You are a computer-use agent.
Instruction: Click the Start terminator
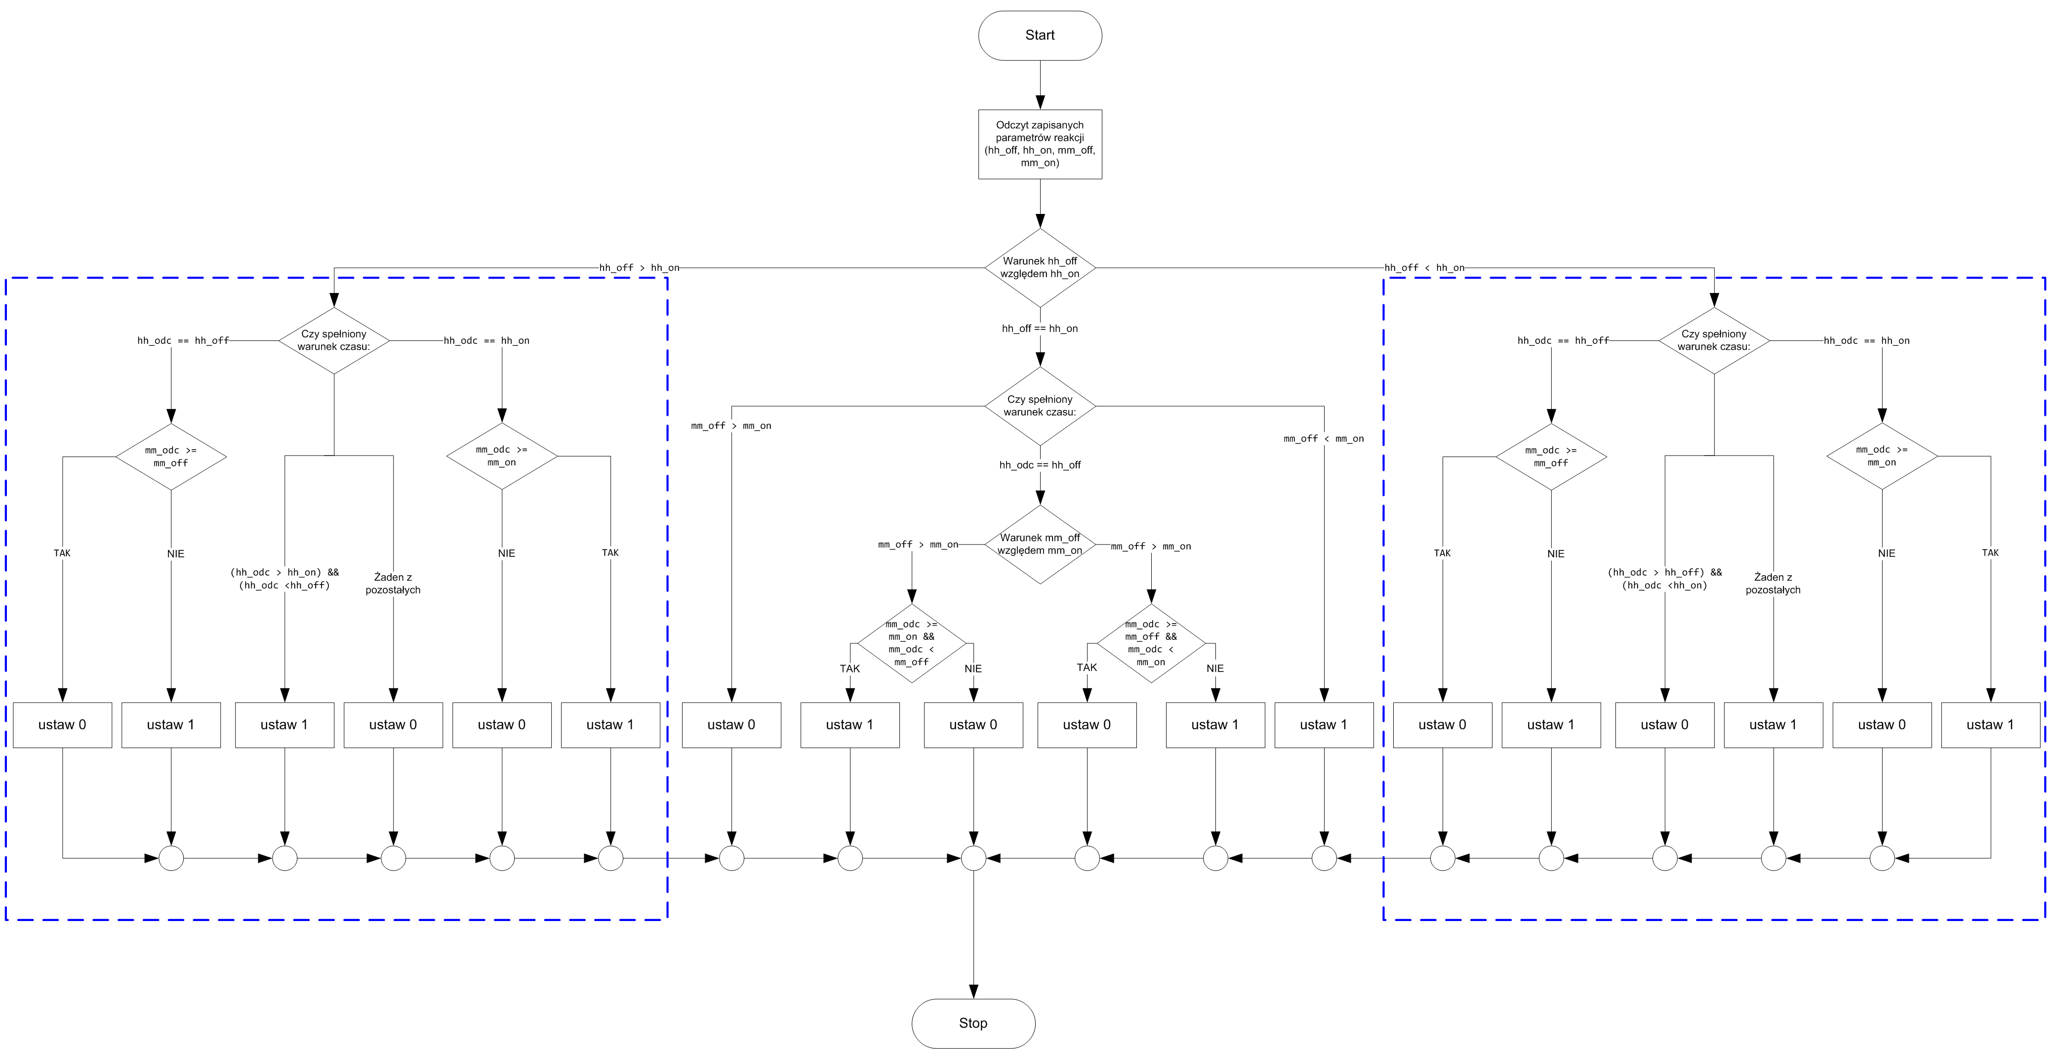coord(1040,35)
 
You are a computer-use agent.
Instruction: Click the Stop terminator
coord(973,1023)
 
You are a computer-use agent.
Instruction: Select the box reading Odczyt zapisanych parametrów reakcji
coord(1040,144)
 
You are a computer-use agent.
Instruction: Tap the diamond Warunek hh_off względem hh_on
coord(1040,267)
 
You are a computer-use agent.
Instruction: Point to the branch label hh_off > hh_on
coord(639,267)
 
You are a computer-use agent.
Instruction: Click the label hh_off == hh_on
coord(1040,328)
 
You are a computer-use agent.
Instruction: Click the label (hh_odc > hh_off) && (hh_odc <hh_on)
coord(1664,579)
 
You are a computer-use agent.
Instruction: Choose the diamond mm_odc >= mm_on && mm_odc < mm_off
coord(912,643)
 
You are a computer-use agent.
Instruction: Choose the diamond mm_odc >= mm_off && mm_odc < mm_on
coord(1151,643)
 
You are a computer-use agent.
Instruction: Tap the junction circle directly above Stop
coord(973,858)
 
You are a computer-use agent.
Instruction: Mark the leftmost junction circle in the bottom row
coord(171,858)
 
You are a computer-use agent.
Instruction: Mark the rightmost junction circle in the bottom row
coord(1882,858)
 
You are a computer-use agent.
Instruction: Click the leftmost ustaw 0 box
coord(62,725)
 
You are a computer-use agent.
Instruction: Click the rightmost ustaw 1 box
coord(1990,725)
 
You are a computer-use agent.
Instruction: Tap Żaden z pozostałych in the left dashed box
coord(393,584)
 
